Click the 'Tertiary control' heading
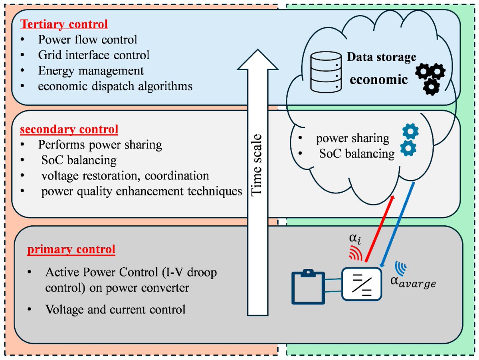[64, 24]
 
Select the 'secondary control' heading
[69, 129]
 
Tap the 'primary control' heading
[71, 250]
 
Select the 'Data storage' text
[381, 58]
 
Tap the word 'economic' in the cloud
[379, 80]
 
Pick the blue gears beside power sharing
[410, 139]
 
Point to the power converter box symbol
[362, 283]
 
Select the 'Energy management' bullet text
[91, 71]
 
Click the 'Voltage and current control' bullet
[115, 309]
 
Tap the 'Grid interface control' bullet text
[94, 55]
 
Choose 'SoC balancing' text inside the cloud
[357, 153]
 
